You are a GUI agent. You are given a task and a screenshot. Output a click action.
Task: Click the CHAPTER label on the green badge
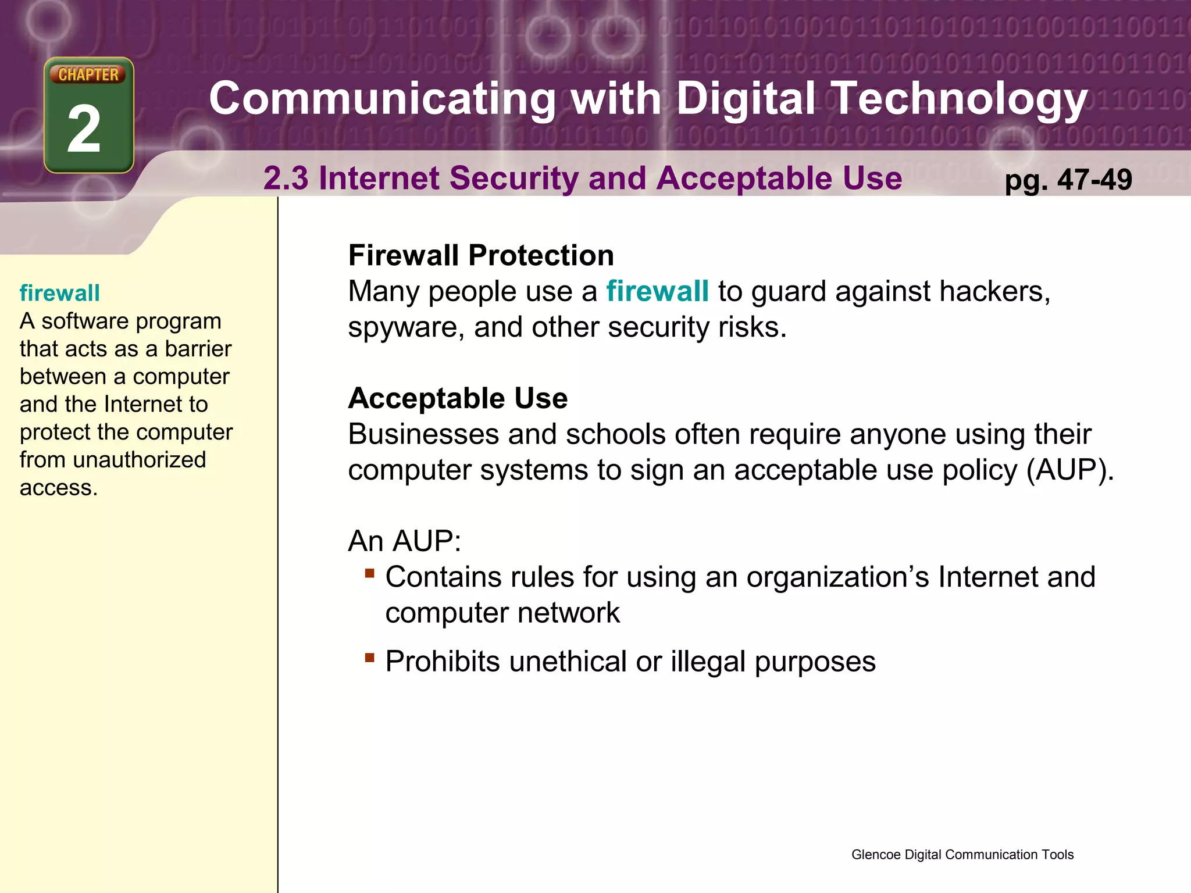pyautogui.click(x=88, y=74)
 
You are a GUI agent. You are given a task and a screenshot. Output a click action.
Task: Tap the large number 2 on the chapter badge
pyautogui.click(x=85, y=129)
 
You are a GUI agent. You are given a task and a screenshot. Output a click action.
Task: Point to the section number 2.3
pyautogui.click(x=286, y=178)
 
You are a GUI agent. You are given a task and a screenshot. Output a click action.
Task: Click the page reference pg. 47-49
pyautogui.click(x=1068, y=180)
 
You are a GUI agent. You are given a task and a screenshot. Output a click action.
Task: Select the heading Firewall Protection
pyautogui.click(x=481, y=255)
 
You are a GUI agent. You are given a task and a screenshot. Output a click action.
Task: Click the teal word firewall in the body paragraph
pyautogui.click(x=657, y=291)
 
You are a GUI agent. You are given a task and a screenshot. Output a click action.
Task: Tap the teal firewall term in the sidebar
pyautogui.click(x=59, y=293)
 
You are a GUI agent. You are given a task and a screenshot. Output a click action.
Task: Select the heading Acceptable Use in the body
pyautogui.click(x=458, y=398)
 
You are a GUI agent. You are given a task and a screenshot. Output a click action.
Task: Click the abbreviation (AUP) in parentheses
pyautogui.click(x=1069, y=470)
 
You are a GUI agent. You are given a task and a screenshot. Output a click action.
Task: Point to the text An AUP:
pyautogui.click(x=404, y=541)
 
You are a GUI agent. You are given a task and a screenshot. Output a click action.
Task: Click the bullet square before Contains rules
pyautogui.click(x=369, y=573)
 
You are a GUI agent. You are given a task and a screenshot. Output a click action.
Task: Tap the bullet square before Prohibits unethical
pyautogui.click(x=369, y=658)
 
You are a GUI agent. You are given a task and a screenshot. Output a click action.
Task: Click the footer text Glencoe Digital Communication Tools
pyautogui.click(x=962, y=855)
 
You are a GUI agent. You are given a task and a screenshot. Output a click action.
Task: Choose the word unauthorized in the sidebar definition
pyautogui.click(x=139, y=460)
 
